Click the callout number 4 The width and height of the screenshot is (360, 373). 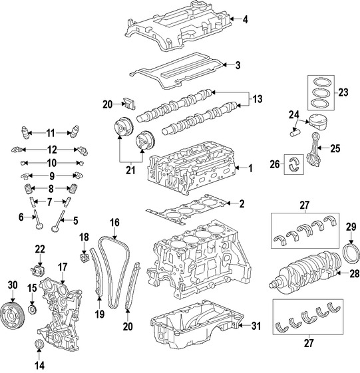tap(246, 19)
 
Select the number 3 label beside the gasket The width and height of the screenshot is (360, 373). tap(238, 64)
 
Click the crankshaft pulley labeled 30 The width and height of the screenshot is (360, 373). tap(12, 311)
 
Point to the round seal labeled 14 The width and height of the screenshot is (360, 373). tap(39, 344)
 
